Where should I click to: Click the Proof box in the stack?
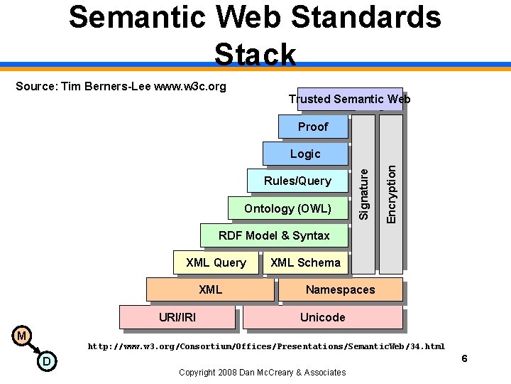click(313, 127)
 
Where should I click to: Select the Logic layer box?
click(305, 154)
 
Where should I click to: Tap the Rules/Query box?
click(297, 181)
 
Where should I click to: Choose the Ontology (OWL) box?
click(287, 208)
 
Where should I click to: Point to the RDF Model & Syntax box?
click(274, 235)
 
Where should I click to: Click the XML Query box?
click(216, 262)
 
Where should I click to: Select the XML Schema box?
click(306, 262)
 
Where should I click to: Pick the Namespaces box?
click(340, 289)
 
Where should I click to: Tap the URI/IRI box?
click(177, 317)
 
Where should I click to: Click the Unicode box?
click(323, 317)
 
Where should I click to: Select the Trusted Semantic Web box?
click(349, 99)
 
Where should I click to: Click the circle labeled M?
click(22, 335)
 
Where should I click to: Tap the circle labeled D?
click(46, 362)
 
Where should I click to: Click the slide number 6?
click(464, 358)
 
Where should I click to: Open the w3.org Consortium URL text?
click(266, 346)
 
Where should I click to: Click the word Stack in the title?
click(255, 54)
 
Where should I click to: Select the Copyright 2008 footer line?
click(263, 372)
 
